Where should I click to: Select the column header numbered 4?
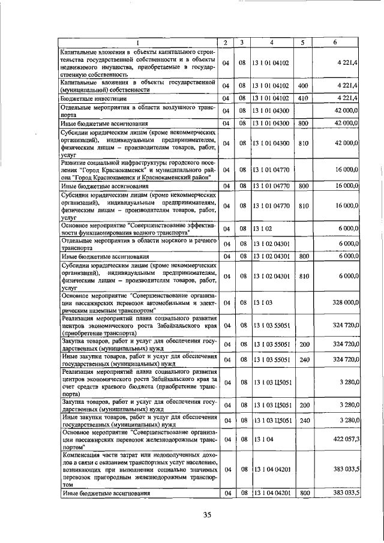point(271,43)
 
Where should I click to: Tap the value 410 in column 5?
point(303,98)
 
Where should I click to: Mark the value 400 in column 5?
point(303,86)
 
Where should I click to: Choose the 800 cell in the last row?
point(304,493)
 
